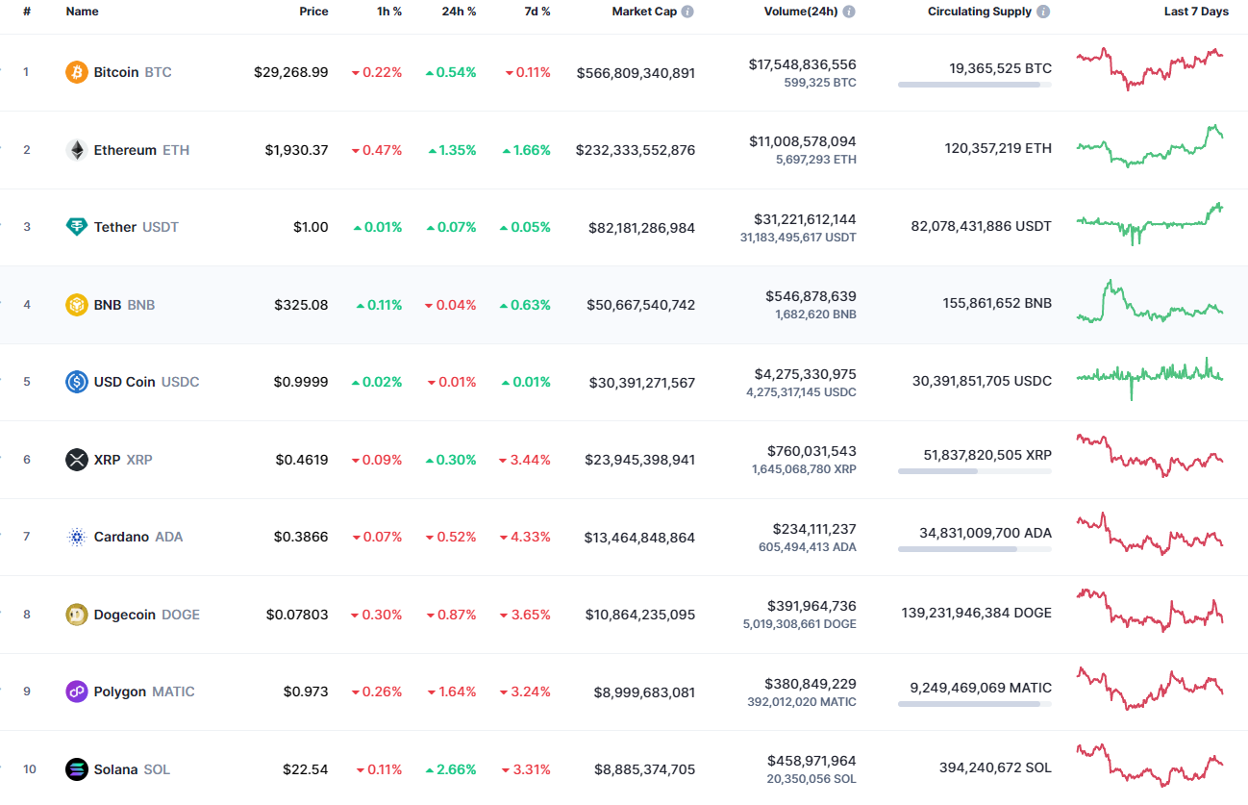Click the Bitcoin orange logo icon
coord(76,72)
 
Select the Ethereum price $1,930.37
coord(296,150)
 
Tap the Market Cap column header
coord(643,12)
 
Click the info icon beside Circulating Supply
coord(1043,12)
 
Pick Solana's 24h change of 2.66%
coord(451,769)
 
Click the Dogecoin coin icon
coord(76,615)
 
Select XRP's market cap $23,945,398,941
coord(639,460)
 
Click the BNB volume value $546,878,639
coord(811,296)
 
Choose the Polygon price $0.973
coord(305,692)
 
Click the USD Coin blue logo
coord(76,382)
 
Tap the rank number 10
coord(29,769)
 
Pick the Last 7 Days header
coord(1195,12)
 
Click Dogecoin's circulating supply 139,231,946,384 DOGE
coord(976,613)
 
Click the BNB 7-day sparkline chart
coord(1150,302)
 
